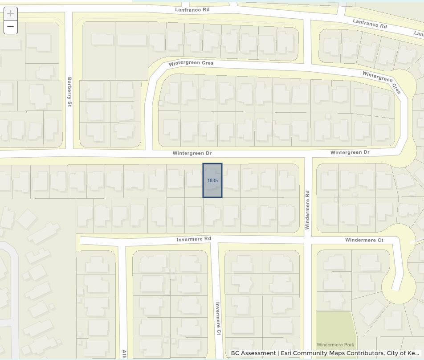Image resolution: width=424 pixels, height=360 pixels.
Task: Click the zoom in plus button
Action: click(11, 13)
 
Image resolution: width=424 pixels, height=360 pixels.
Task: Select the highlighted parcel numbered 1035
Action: click(212, 180)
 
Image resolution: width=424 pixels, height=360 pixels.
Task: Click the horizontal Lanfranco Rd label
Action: click(192, 9)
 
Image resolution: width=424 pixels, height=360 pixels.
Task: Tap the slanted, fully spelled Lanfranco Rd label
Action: click(370, 23)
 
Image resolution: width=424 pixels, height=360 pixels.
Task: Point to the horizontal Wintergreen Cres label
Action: click(191, 63)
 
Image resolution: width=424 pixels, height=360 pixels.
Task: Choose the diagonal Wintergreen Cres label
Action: click(382, 82)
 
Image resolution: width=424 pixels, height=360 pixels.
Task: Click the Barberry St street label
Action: click(69, 92)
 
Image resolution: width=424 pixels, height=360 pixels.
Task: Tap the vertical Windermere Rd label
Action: click(307, 210)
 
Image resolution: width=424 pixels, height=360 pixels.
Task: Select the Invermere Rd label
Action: click(194, 239)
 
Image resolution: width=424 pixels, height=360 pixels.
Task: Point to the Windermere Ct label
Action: click(364, 240)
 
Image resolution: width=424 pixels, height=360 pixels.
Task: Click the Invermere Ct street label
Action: click(218, 319)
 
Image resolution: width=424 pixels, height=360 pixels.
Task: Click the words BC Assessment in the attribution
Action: click(253, 353)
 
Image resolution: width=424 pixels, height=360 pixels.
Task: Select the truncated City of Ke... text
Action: click(402, 353)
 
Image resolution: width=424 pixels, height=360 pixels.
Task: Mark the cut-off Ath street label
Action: click(124, 354)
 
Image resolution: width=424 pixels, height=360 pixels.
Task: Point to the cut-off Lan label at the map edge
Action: click(419, 34)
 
